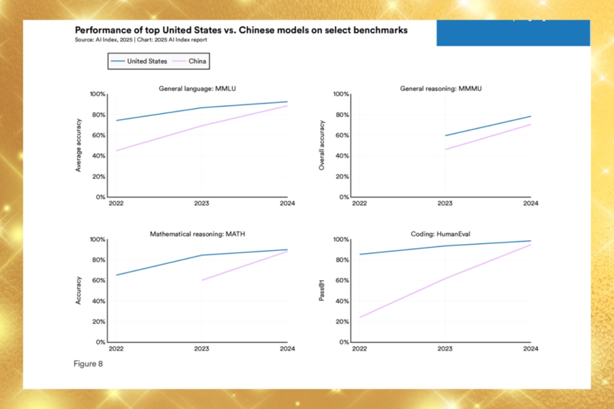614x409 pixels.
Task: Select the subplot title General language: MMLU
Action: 197,89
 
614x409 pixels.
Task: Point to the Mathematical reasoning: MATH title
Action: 197,234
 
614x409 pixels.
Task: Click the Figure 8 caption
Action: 88,363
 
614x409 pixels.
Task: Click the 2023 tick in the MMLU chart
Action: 201,204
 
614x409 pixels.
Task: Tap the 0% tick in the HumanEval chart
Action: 343,342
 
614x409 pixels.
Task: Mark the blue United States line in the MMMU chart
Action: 488,126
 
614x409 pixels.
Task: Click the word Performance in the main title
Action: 104,31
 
